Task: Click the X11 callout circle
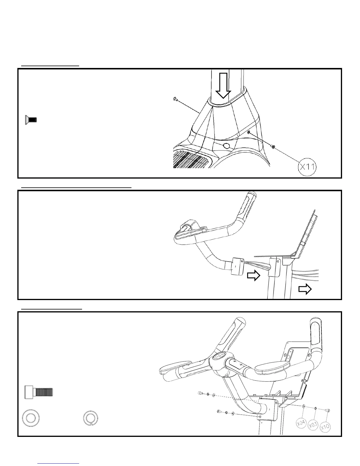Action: [307, 167]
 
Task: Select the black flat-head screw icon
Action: [31, 120]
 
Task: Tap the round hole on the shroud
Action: [226, 146]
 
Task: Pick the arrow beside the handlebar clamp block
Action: [253, 276]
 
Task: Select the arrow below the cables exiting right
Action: [305, 290]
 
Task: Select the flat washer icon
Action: [31, 418]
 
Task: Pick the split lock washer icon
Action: [91, 418]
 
